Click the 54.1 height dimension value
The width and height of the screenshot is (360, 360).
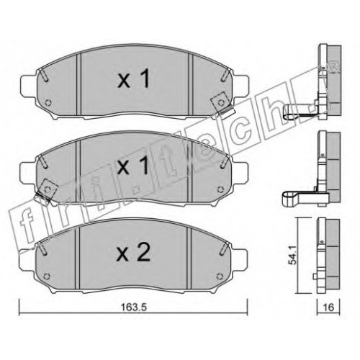coord(293,256)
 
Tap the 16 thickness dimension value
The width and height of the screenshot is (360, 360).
coord(328,307)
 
